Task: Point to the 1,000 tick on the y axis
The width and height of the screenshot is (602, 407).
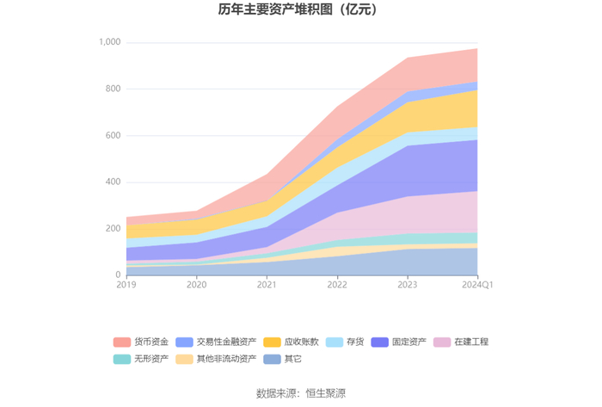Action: [110, 42]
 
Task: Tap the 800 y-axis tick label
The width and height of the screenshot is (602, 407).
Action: [114, 89]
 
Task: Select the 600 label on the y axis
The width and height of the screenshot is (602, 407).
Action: [114, 136]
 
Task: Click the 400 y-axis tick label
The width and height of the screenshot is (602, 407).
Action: [114, 182]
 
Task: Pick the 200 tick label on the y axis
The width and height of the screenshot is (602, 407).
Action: [114, 229]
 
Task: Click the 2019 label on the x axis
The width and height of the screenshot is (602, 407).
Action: [126, 285]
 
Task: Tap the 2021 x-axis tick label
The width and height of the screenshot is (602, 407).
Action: [267, 285]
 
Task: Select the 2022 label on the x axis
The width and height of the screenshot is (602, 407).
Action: [337, 285]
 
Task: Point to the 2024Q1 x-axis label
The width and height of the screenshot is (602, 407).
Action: [477, 285]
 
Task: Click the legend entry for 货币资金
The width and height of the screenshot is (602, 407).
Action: [141, 342]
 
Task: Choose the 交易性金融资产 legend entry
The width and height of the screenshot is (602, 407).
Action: [216, 342]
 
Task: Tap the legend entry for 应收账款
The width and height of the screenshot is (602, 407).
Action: [291, 342]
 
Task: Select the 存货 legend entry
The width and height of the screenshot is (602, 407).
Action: [345, 342]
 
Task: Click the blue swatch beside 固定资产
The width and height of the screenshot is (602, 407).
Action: [380, 342]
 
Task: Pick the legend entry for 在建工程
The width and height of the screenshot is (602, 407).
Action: [461, 342]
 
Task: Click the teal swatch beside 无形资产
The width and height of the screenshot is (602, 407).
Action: [122, 359]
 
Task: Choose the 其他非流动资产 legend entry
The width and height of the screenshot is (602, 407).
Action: [216, 359]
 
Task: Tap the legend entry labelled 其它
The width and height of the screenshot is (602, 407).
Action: [283, 359]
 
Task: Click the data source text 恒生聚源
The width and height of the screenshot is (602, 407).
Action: [326, 393]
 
